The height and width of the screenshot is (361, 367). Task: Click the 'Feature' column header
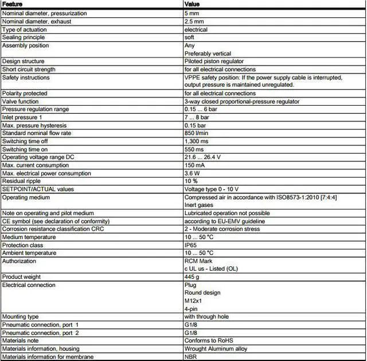13,5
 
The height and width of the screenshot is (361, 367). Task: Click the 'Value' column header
192,5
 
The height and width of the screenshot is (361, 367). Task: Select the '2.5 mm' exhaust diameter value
194,21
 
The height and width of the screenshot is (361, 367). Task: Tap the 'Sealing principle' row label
24,37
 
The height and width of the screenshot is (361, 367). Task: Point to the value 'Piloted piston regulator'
214,61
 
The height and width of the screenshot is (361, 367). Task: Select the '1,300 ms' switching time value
197,141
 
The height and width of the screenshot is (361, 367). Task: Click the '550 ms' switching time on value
194,149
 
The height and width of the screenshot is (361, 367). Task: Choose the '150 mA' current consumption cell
195,165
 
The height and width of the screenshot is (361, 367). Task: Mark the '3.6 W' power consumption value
192,173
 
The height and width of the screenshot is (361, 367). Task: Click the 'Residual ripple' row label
22,181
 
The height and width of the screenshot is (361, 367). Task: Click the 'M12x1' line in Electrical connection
193,301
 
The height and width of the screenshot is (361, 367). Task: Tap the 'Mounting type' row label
21,317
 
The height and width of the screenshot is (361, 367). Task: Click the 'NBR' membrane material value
190,356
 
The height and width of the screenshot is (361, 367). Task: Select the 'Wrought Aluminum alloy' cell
216,349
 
